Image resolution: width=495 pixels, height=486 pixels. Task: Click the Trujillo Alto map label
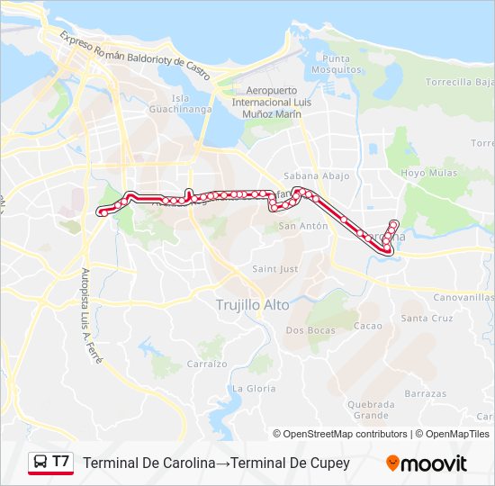tap(253, 305)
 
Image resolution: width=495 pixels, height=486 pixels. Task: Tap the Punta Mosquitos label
tap(331, 63)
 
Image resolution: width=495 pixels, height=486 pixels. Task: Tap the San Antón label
tap(302, 226)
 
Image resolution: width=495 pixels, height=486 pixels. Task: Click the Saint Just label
tap(275, 269)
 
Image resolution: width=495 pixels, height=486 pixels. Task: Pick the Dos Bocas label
tap(310, 330)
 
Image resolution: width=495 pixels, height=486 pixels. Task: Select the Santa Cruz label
tap(427, 319)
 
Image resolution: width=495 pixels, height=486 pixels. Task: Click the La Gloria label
tap(255, 388)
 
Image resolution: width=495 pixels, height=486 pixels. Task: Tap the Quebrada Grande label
tap(371, 409)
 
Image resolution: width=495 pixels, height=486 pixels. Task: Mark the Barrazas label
tap(425, 393)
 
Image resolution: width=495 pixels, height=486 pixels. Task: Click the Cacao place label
tap(368, 326)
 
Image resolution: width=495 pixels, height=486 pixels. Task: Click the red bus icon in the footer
tap(40, 463)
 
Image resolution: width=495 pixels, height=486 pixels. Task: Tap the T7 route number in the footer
tap(61, 462)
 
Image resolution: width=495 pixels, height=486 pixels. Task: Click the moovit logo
tap(427, 463)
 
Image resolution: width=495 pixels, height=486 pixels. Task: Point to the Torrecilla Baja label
tap(460, 82)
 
